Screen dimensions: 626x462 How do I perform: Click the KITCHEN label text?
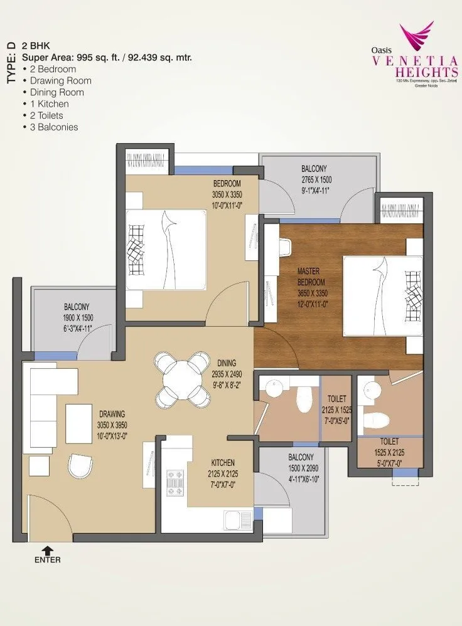click(x=223, y=462)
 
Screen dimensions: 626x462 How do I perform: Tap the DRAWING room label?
click(x=112, y=413)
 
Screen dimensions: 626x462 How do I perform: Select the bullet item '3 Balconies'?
click(x=53, y=127)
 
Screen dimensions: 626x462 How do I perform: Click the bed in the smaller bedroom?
click(x=166, y=249)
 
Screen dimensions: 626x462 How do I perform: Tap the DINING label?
click(x=227, y=363)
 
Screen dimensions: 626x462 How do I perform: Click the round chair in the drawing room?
click(x=80, y=465)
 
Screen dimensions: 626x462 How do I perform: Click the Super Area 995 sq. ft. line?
click(x=107, y=57)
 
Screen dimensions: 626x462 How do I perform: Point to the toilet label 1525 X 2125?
click(x=390, y=452)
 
